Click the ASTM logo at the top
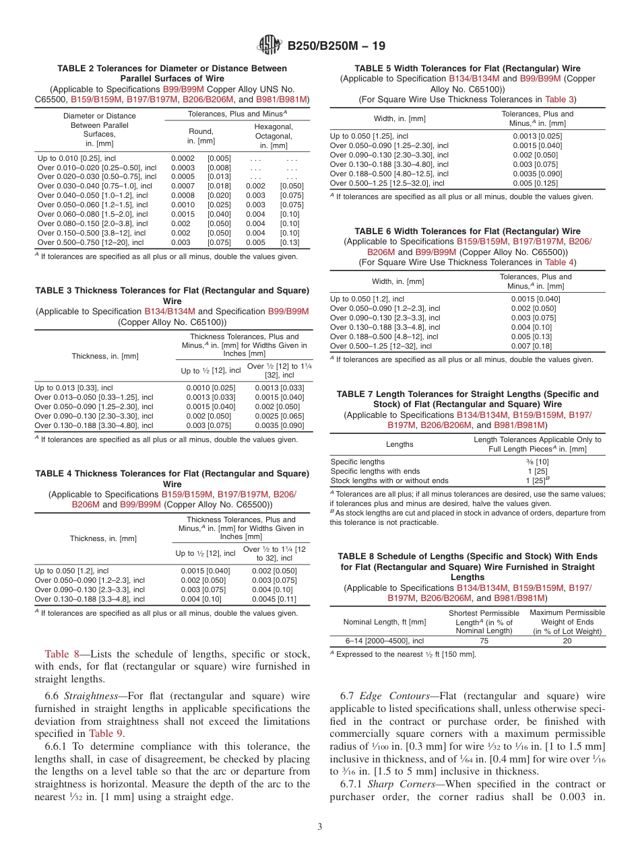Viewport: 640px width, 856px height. [269, 46]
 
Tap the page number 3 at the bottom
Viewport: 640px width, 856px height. [319, 826]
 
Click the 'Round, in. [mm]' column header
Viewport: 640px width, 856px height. [201, 136]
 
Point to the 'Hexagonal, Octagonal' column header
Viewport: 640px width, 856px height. [273, 136]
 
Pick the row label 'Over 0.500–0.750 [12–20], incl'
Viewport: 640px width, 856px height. [90, 242]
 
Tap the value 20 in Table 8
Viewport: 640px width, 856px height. [567, 641]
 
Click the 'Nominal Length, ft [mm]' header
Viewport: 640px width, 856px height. [385, 622]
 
